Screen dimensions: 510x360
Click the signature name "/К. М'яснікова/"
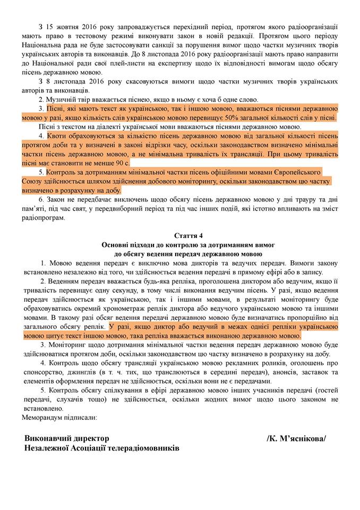coord(297,438)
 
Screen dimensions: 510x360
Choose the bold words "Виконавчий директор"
coord(66,438)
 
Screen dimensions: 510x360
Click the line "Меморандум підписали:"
coord(59,418)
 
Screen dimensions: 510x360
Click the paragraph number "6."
coord(42,199)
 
